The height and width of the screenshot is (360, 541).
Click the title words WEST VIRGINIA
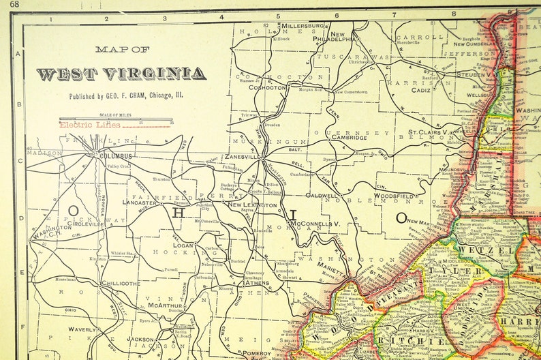[x=121, y=74]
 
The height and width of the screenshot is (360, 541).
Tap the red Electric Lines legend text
[x=89, y=125]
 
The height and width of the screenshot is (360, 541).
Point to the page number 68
[x=14, y=5]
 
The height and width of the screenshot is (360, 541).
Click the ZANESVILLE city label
[x=242, y=156]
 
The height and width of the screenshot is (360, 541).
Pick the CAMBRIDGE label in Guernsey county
[x=349, y=137]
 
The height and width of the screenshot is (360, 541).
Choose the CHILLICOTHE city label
[x=121, y=283]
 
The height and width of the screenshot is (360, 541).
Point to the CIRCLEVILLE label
[x=65, y=222]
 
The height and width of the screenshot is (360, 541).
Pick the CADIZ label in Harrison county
[x=420, y=89]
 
